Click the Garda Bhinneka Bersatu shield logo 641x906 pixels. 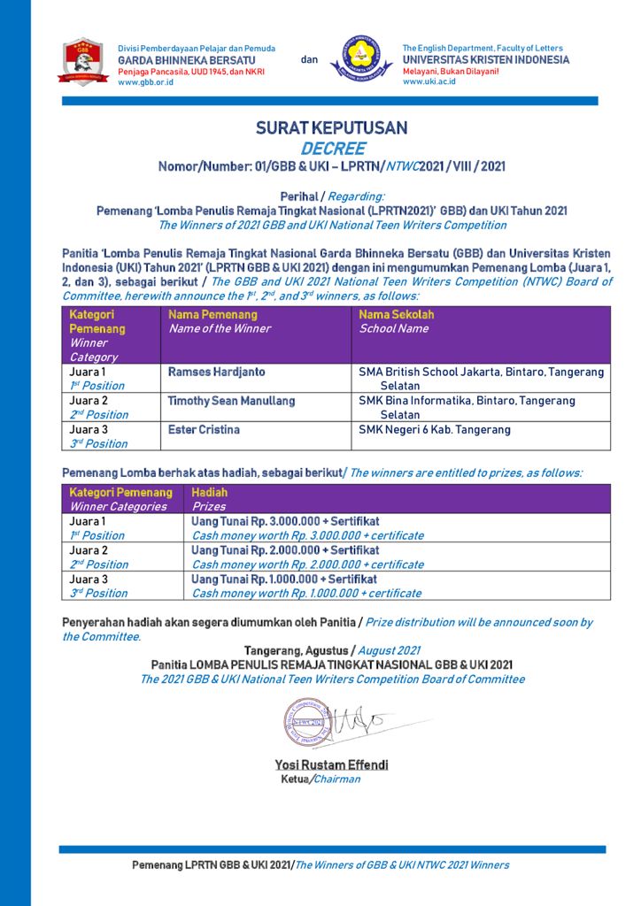coord(84,61)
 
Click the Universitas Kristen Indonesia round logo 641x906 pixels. coord(361,59)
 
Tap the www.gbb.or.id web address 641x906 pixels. coord(145,82)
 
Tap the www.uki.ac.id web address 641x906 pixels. coord(429,82)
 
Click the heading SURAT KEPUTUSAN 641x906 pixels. coord(331,128)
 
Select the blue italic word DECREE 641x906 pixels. coord(332,149)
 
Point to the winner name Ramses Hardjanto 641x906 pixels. coord(216,372)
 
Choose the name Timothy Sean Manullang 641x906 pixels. coord(231,401)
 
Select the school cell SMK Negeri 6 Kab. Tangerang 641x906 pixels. coord(434,430)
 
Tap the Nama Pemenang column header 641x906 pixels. coord(212,314)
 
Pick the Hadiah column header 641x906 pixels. coord(210,492)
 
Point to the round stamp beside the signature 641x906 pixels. coord(306,722)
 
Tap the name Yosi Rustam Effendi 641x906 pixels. coord(331,765)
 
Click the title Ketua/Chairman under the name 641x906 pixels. coord(320,779)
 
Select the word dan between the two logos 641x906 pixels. coord(309,60)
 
